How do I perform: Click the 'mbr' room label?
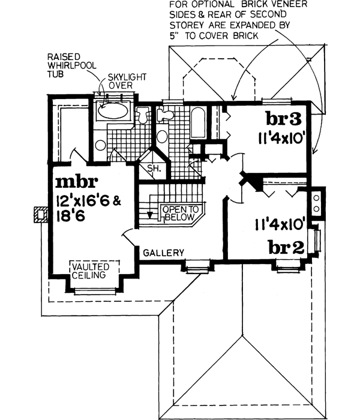click(x=73, y=182)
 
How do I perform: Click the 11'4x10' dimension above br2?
click(x=278, y=226)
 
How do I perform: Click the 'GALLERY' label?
click(x=163, y=253)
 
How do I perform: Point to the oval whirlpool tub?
click(x=112, y=111)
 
